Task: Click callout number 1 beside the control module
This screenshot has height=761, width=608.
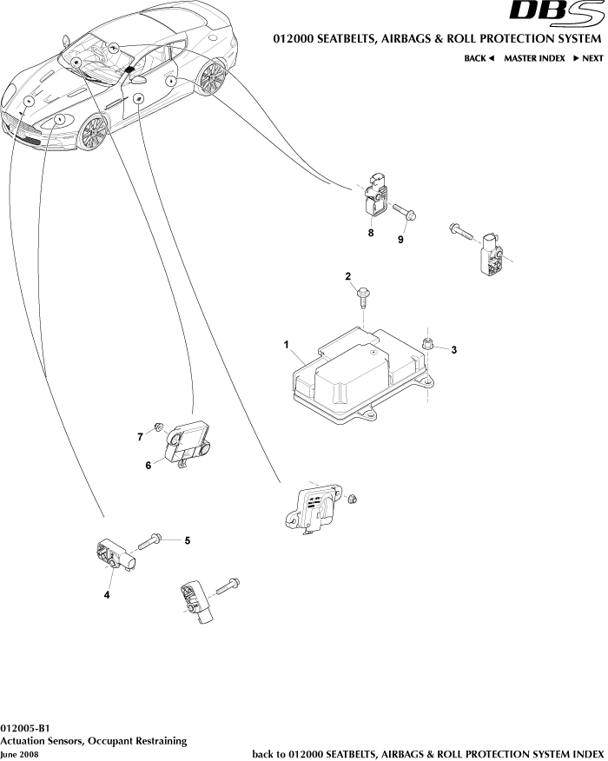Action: click(286, 345)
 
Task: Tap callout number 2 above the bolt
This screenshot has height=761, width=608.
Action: click(348, 276)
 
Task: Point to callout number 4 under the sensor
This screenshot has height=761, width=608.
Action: click(107, 595)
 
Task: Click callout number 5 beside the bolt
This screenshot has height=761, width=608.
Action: click(187, 540)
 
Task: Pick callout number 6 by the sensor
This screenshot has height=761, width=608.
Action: click(149, 466)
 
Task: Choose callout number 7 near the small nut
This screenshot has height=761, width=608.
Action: click(140, 437)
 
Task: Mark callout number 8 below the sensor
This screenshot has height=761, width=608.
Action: click(371, 233)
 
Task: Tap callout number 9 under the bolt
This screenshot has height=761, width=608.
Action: click(400, 240)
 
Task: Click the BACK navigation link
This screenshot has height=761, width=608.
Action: click(479, 58)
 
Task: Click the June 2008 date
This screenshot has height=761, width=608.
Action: click(20, 754)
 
